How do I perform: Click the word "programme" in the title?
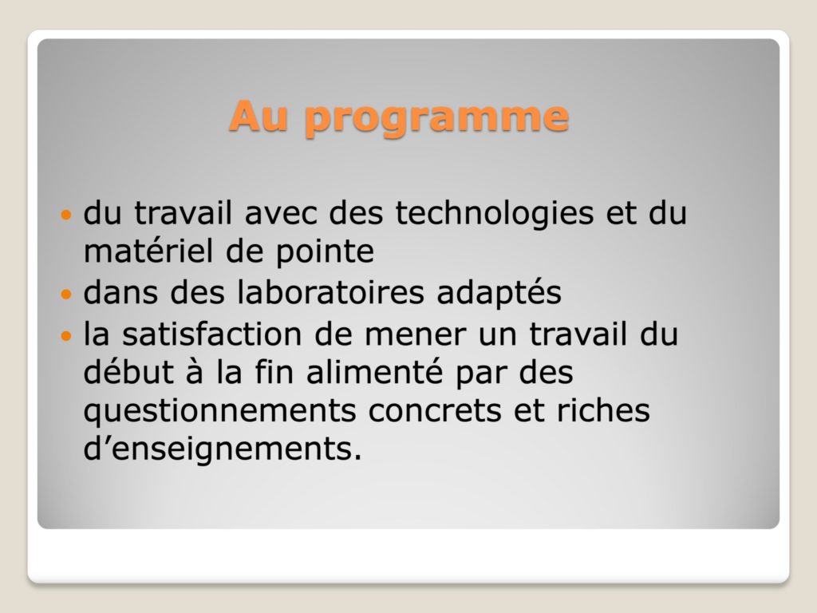[436, 118]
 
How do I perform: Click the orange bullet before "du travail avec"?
[65, 214]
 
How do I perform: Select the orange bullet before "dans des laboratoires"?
[65, 294]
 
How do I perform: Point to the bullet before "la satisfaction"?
[65, 335]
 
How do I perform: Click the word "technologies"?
[495, 214]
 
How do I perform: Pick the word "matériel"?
[148, 251]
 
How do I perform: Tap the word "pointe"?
[324, 253]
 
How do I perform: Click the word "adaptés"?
[499, 293]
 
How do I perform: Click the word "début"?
[128, 372]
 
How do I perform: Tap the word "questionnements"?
[219, 413]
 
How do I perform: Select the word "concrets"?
[435, 412]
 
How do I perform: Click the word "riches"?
[603, 410]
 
